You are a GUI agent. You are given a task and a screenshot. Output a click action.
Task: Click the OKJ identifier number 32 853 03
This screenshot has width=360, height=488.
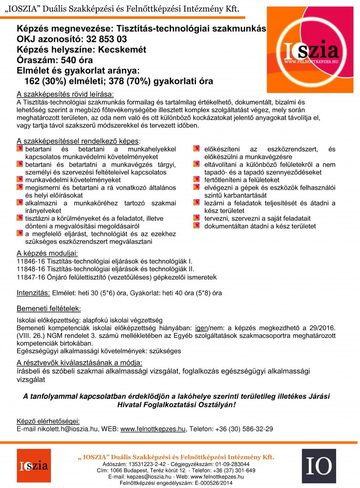(103, 39)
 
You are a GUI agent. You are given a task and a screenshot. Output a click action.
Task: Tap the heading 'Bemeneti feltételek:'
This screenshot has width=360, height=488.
(49, 308)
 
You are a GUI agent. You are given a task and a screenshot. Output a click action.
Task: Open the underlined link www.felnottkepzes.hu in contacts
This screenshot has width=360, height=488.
(153, 429)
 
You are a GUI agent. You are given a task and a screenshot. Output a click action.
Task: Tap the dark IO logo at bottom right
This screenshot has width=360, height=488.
(319, 466)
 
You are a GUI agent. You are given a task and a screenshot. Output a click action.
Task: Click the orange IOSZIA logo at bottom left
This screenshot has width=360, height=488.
(33, 466)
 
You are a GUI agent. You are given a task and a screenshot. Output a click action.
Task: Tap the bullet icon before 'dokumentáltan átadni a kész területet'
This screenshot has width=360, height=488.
(196, 226)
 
